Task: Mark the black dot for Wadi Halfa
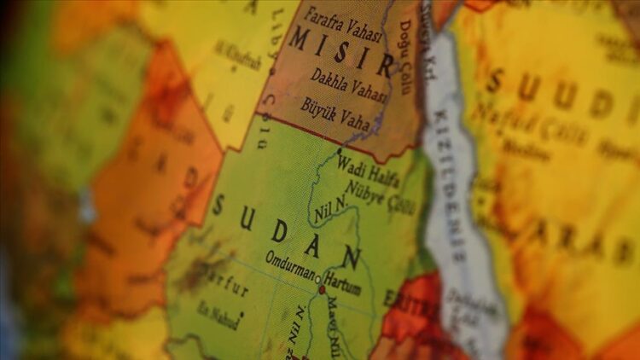coord(338,154)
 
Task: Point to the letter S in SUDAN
coord(219,206)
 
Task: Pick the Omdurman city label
coord(290,259)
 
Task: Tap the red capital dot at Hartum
coord(322,290)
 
